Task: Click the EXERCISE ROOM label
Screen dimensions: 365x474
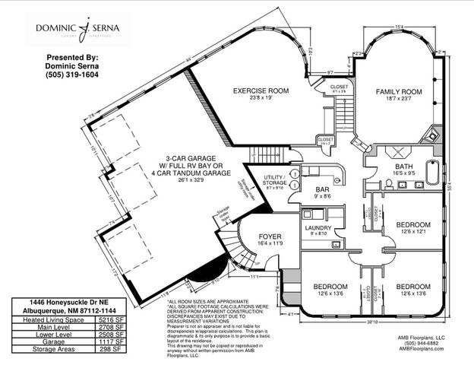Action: [261, 90]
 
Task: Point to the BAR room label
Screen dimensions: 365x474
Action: [322, 190]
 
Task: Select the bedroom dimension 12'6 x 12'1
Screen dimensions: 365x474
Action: [412, 233]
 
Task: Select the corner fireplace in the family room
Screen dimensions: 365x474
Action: [433, 135]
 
